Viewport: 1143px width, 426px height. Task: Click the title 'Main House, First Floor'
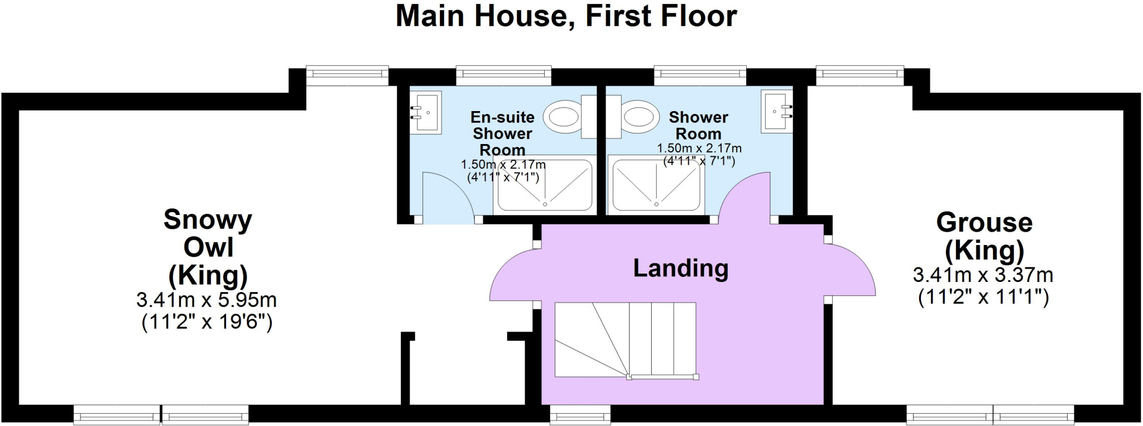tap(566, 16)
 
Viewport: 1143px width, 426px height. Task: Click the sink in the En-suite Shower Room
tap(426, 112)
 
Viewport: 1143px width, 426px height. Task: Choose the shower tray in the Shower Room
tap(656, 185)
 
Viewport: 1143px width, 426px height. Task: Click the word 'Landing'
tap(680, 269)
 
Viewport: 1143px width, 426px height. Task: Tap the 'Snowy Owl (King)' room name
tap(208, 247)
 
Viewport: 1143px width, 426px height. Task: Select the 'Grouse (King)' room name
tap(984, 236)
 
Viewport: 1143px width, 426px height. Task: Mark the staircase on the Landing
tap(625, 339)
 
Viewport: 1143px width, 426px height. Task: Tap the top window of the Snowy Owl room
tap(347, 74)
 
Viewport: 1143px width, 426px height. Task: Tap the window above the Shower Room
tap(700, 74)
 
